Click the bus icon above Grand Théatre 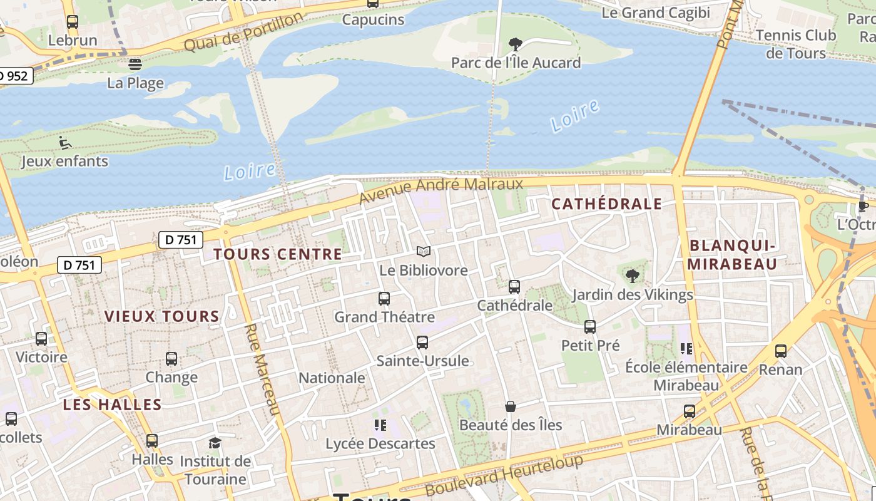[x=384, y=299]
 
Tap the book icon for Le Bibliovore [x=424, y=252]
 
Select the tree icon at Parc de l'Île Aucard [x=516, y=44]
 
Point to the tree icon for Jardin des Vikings [x=633, y=276]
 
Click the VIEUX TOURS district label [x=162, y=316]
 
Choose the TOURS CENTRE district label [x=278, y=254]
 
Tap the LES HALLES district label [x=113, y=405]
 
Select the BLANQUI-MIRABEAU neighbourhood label [x=732, y=254]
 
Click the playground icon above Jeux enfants [x=64, y=143]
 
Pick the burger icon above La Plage [x=135, y=64]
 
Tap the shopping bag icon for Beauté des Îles [x=511, y=406]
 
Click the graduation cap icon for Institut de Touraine [x=215, y=443]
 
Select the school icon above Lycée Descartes [x=380, y=425]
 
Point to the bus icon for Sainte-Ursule [x=422, y=343]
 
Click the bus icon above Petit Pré [x=590, y=326]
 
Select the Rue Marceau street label [x=262, y=369]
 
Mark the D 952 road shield [x=14, y=76]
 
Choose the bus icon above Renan [x=781, y=351]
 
